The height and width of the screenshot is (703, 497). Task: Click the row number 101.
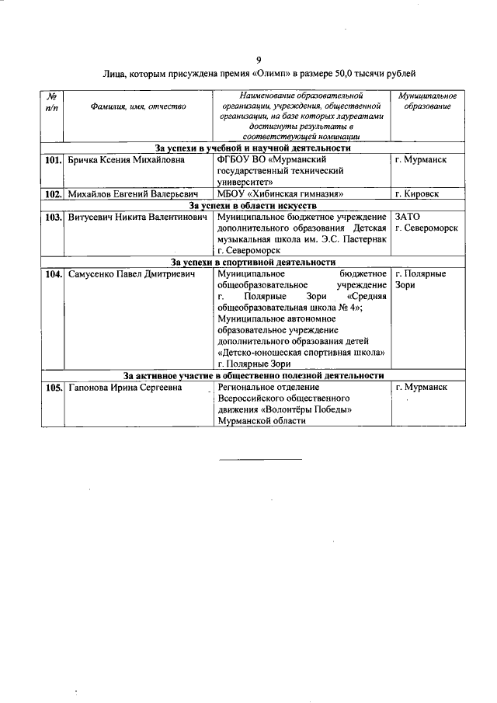53,159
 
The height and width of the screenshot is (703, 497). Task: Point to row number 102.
53,193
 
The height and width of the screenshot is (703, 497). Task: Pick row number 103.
53,218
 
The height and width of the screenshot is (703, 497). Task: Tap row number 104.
53,275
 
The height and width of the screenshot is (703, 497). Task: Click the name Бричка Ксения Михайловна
127,159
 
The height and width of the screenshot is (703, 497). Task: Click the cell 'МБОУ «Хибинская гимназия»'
282,193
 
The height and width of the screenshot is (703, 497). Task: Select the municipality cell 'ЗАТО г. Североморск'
426,223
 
